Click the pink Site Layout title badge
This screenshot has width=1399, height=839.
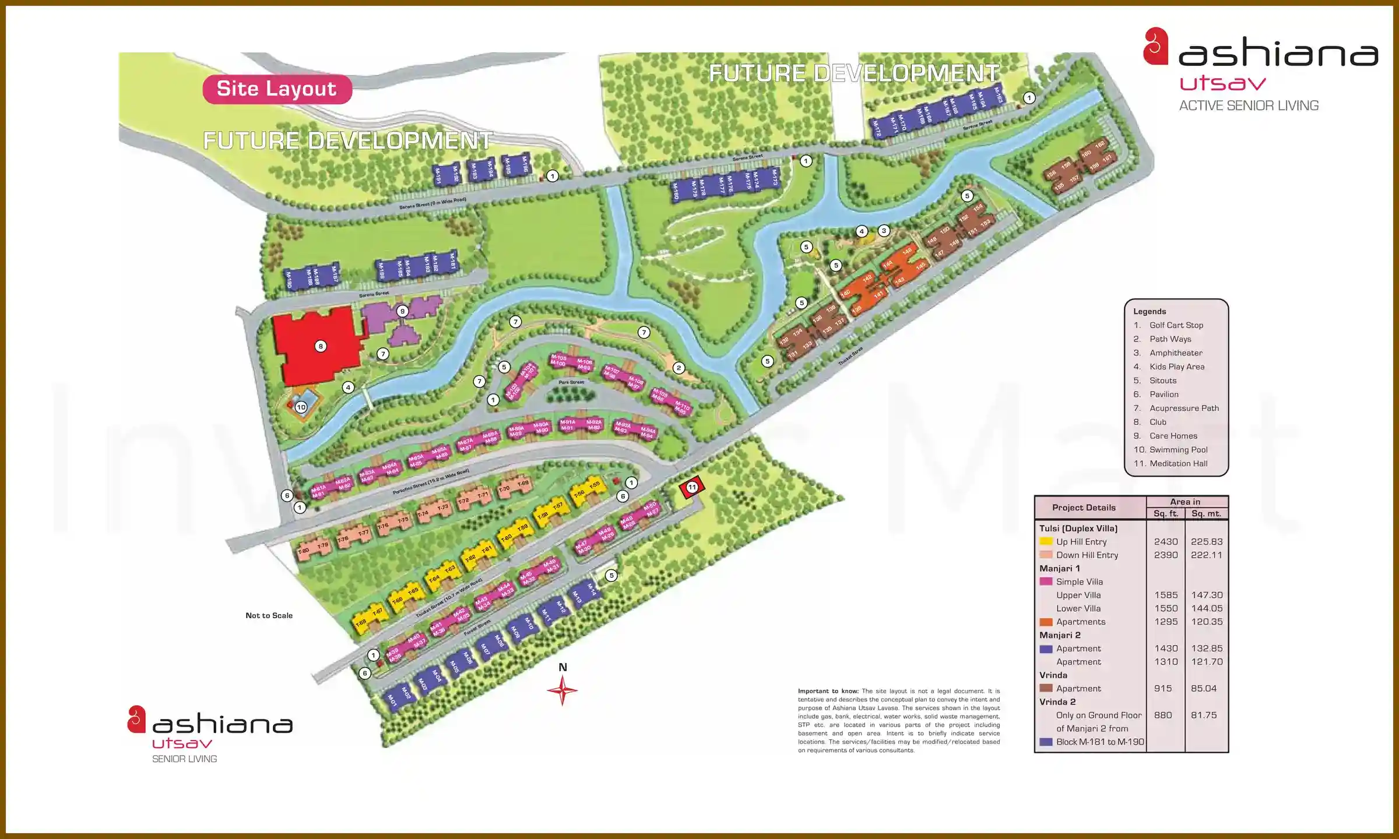point(277,89)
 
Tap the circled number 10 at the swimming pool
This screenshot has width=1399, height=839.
point(301,407)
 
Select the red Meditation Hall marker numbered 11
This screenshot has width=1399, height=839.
point(692,487)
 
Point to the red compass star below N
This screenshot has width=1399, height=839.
point(562,691)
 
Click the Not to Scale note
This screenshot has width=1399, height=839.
point(269,615)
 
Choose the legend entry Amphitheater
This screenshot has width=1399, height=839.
point(1176,353)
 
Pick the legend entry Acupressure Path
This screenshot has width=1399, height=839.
point(1184,408)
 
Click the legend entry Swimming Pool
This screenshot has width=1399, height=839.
point(1178,450)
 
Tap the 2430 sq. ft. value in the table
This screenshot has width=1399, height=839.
point(1166,542)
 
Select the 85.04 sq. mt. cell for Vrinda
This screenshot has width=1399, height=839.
point(1204,689)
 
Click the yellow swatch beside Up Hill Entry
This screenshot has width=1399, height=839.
point(1046,541)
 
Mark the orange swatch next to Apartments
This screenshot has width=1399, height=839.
point(1046,622)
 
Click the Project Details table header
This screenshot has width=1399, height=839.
point(1084,507)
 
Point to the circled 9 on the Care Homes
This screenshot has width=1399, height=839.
point(402,311)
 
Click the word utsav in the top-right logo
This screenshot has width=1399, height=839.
point(1222,84)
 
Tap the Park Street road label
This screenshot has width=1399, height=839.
point(571,382)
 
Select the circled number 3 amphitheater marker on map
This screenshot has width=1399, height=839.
point(884,231)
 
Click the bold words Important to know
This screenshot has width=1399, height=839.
point(828,692)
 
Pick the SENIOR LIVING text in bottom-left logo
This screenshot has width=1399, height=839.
point(184,759)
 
